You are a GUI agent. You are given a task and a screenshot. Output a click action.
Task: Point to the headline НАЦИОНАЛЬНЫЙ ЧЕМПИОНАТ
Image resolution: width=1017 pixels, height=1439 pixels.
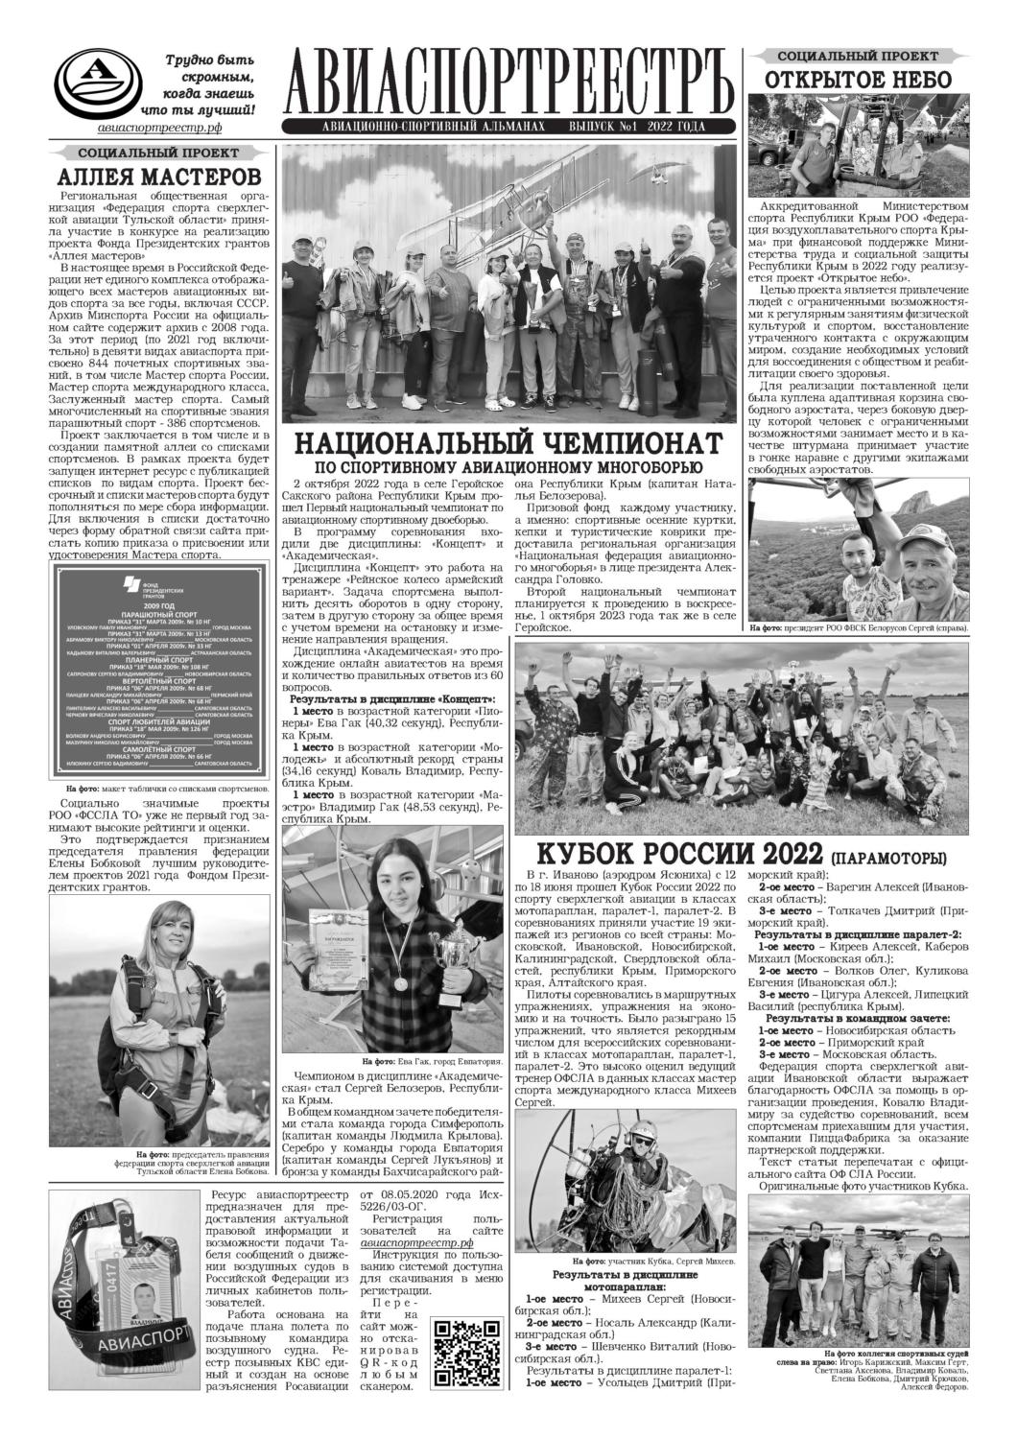coord(507,443)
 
